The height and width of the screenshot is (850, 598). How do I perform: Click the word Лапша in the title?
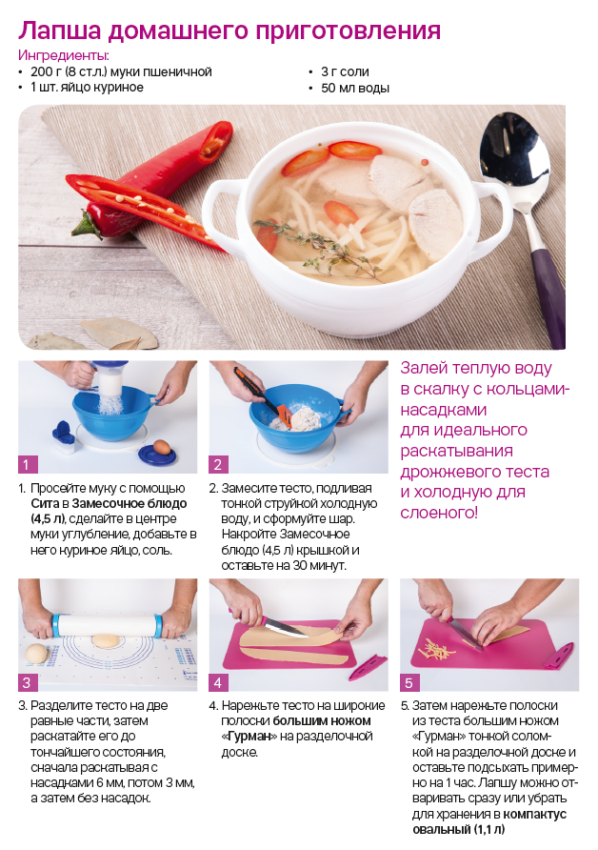point(60,30)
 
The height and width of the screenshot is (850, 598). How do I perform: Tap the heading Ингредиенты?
point(64,55)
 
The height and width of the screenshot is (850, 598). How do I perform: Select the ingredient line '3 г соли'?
point(345,71)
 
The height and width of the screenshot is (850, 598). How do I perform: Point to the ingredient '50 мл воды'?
point(355,88)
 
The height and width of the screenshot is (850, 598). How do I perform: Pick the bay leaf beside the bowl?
point(119,333)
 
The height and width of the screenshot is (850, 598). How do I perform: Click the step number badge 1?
point(27,465)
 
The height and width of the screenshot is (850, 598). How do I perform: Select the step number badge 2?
point(218,465)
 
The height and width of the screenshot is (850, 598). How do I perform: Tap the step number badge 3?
point(27,682)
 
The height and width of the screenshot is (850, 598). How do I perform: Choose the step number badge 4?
point(218,682)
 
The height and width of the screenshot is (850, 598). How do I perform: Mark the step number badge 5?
point(409,682)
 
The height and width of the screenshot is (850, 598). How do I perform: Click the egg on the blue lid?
point(161,447)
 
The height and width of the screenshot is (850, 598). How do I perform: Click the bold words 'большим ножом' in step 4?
point(322,721)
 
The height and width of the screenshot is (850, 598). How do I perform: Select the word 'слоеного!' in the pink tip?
point(439,513)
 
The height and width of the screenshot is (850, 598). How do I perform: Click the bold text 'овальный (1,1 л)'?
point(458,829)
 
